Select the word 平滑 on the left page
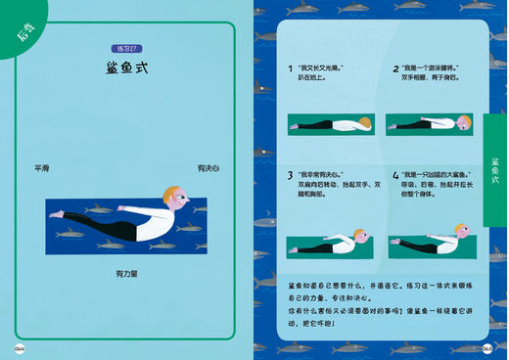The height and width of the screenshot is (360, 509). coord(41,168)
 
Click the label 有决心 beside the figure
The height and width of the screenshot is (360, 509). coord(208,168)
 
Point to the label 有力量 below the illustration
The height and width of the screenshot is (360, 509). coord(126,274)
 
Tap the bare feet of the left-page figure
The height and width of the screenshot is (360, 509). coord(59,213)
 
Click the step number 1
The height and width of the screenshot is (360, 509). coord(290,69)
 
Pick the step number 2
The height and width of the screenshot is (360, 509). coord(395,69)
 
